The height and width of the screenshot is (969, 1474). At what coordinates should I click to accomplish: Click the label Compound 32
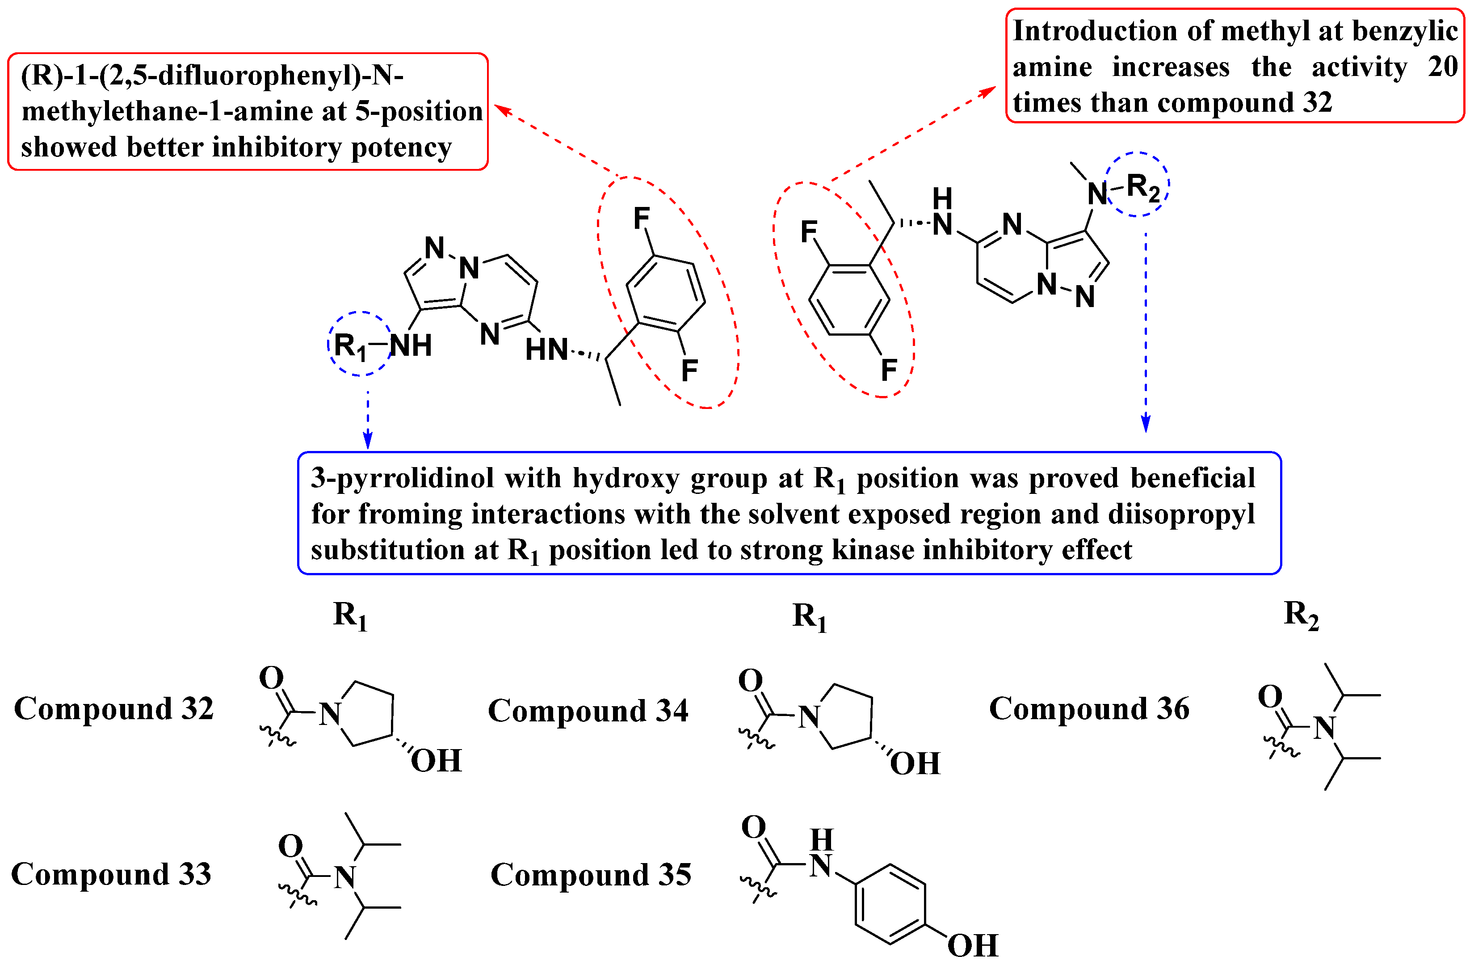point(114,709)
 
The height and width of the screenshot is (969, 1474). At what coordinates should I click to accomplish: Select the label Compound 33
point(112,874)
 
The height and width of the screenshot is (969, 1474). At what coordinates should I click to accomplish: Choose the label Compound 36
point(1089,709)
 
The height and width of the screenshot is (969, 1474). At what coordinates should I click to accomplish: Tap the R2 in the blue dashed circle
point(1142,188)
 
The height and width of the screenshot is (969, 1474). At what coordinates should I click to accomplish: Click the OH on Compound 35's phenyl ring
point(972,945)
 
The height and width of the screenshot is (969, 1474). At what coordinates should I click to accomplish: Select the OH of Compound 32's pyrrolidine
point(436,761)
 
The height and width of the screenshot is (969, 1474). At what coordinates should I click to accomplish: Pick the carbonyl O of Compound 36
point(1270,696)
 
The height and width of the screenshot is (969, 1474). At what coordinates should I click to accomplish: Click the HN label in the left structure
point(546,350)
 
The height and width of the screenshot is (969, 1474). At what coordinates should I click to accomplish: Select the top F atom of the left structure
point(642,218)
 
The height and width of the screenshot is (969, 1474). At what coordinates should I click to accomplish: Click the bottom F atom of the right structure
point(889,370)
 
